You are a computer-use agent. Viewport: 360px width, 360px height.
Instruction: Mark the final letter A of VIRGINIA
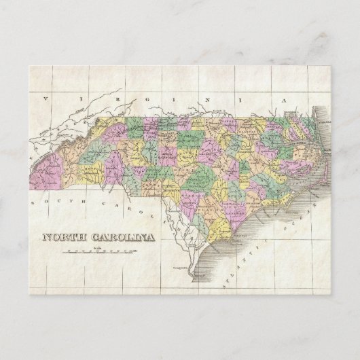click(287, 100)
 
